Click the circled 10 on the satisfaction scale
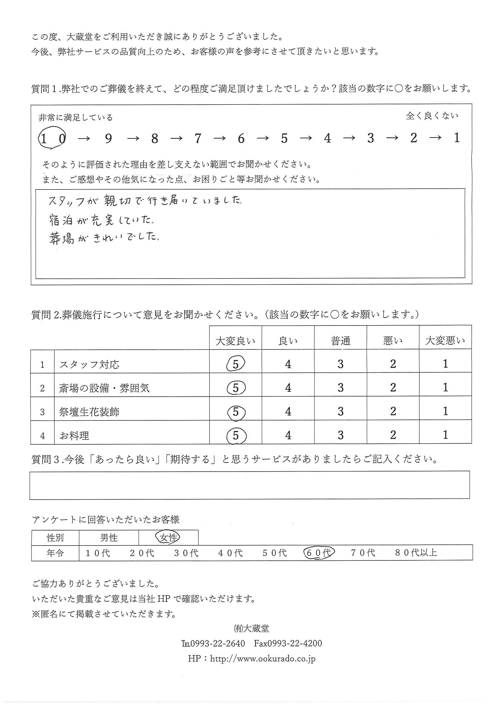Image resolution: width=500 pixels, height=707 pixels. coord(52,138)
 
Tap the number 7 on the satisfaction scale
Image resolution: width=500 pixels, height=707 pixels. coord(198,138)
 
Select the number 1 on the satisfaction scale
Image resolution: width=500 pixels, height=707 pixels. coord(457,138)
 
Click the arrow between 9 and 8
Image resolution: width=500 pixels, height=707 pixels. coord(133,139)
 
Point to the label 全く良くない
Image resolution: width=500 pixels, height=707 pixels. coord(432,116)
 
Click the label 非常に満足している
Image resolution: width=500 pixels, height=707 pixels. coord(76,117)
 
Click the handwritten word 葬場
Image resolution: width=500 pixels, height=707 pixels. coord(62,238)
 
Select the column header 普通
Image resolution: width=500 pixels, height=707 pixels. coord(340,341)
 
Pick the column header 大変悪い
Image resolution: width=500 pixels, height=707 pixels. coord(445,341)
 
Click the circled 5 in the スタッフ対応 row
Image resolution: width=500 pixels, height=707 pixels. coord(236,364)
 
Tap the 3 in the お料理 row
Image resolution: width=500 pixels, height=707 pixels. coord(340,435)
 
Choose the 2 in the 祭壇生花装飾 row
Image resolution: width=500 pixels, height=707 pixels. coord(393,411)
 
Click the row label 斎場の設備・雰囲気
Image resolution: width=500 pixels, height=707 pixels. coord(104,388)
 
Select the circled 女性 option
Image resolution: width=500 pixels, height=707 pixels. coord(168,538)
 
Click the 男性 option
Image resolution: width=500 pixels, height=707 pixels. coord(109,538)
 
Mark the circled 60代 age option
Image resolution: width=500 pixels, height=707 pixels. coord(319,553)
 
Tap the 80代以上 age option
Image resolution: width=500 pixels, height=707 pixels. coord(416,553)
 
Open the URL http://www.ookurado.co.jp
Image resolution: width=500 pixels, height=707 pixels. coord(263,659)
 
